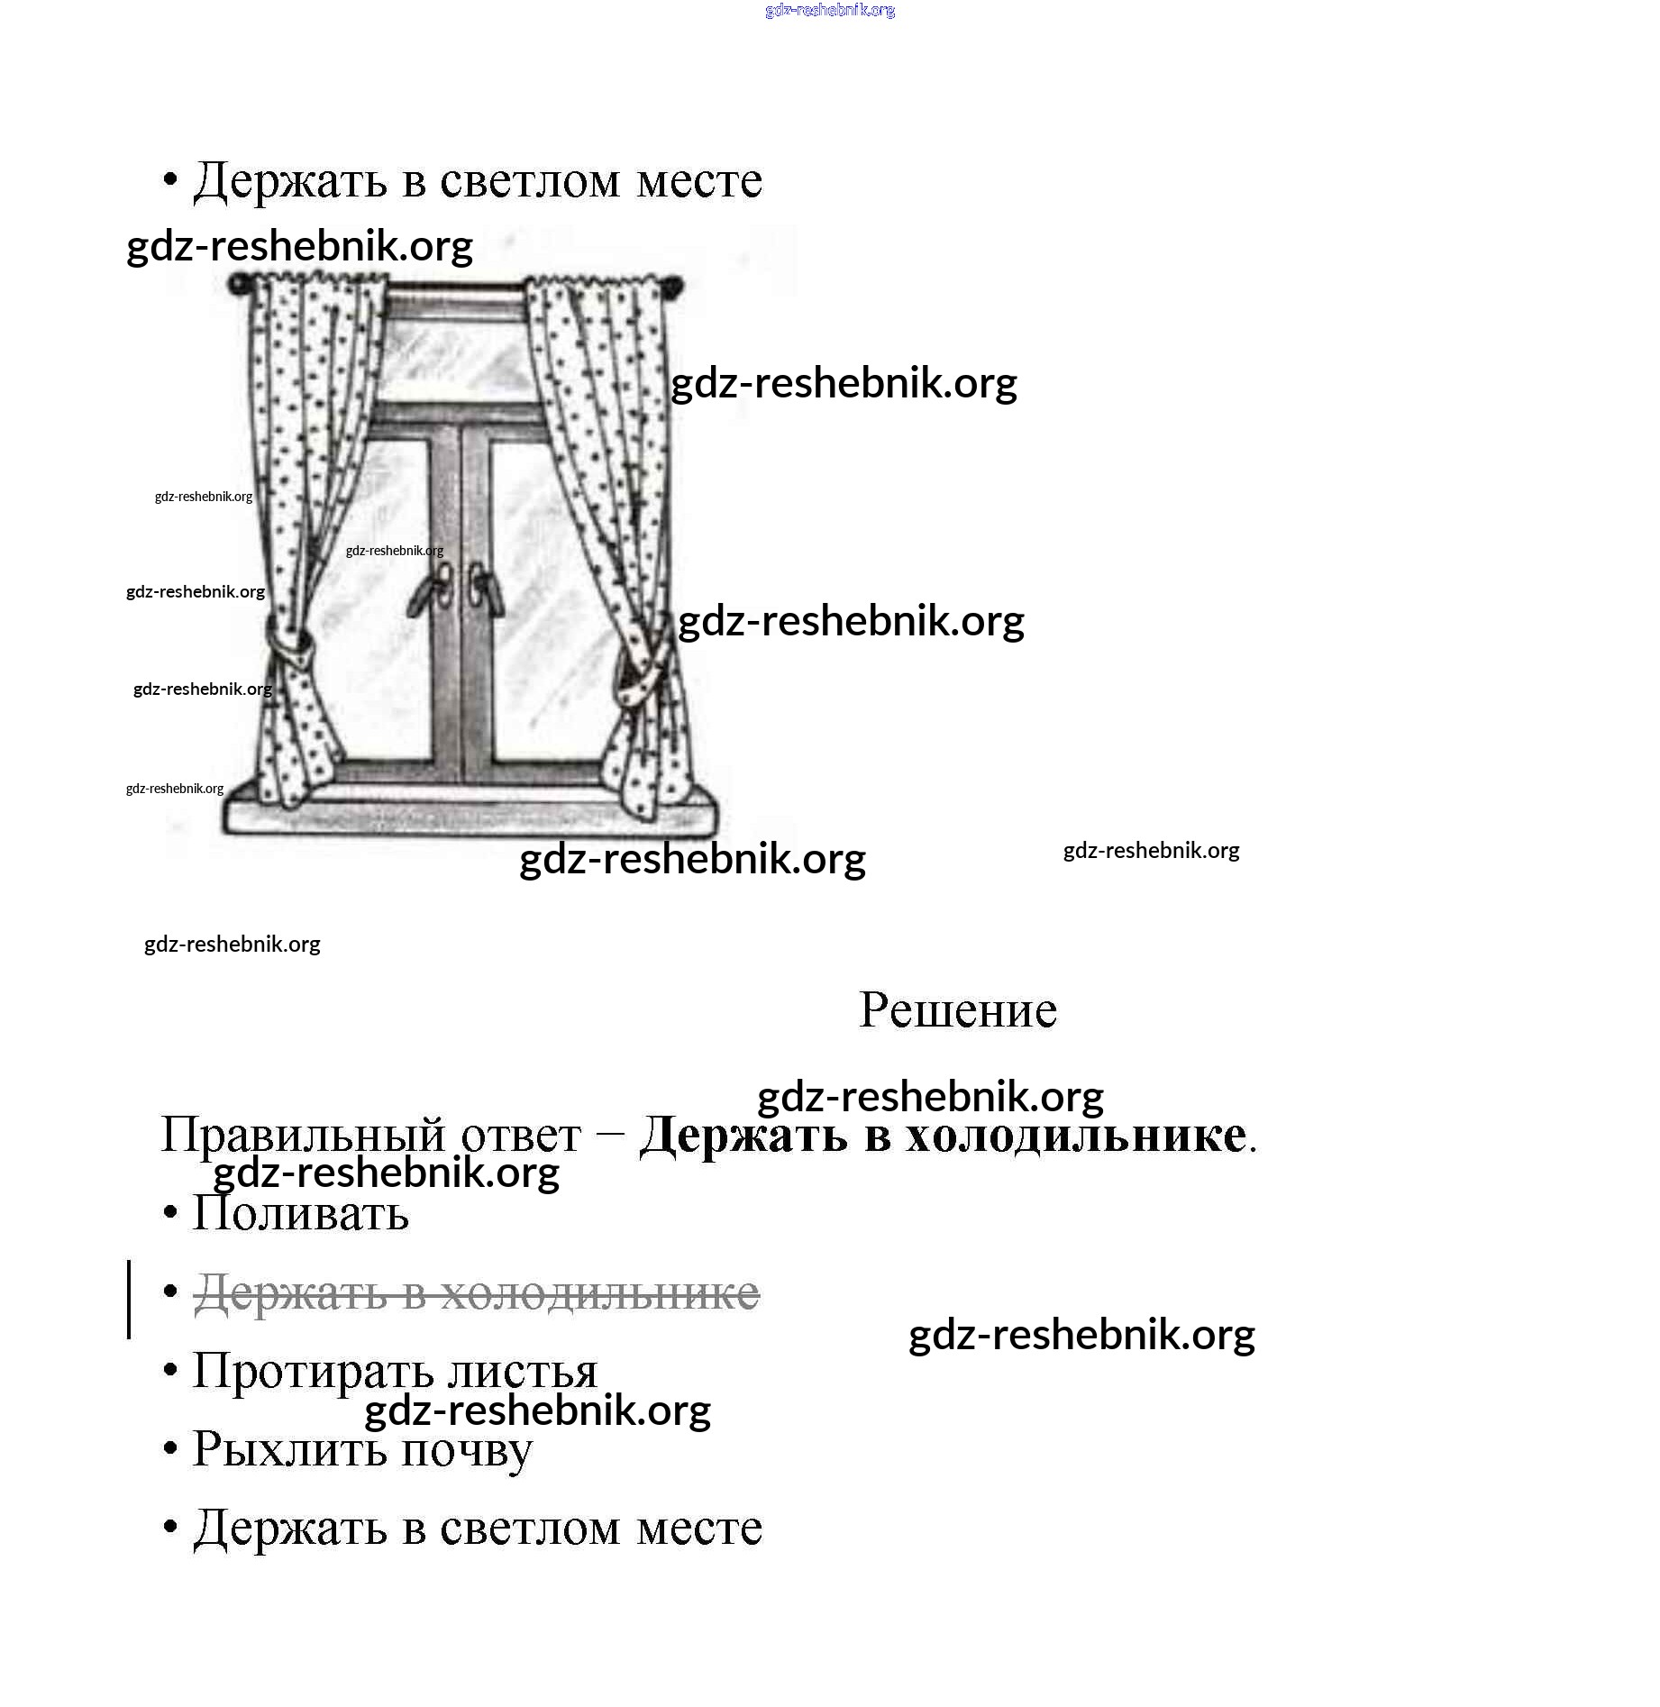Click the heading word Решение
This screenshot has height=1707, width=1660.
pyautogui.click(x=957, y=1010)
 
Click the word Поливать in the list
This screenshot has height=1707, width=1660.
pyautogui.click(x=301, y=1213)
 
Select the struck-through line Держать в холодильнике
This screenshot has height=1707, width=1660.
pyautogui.click(x=477, y=1293)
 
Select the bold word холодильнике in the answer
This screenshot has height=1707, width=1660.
pyautogui.click(x=1076, y=1135)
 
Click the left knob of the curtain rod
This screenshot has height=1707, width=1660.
pyautogui.click(x=239, y=286)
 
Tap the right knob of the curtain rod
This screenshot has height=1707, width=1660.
pyautogui.click(x=671, y=287)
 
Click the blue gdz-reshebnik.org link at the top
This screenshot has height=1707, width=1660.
pyautogui.click(x=829, y=10)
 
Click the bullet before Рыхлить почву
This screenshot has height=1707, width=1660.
pyautogui.click(x=170, y=1450)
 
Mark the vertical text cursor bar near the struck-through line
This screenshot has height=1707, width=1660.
pyautogui.click(x=130, y=1299)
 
